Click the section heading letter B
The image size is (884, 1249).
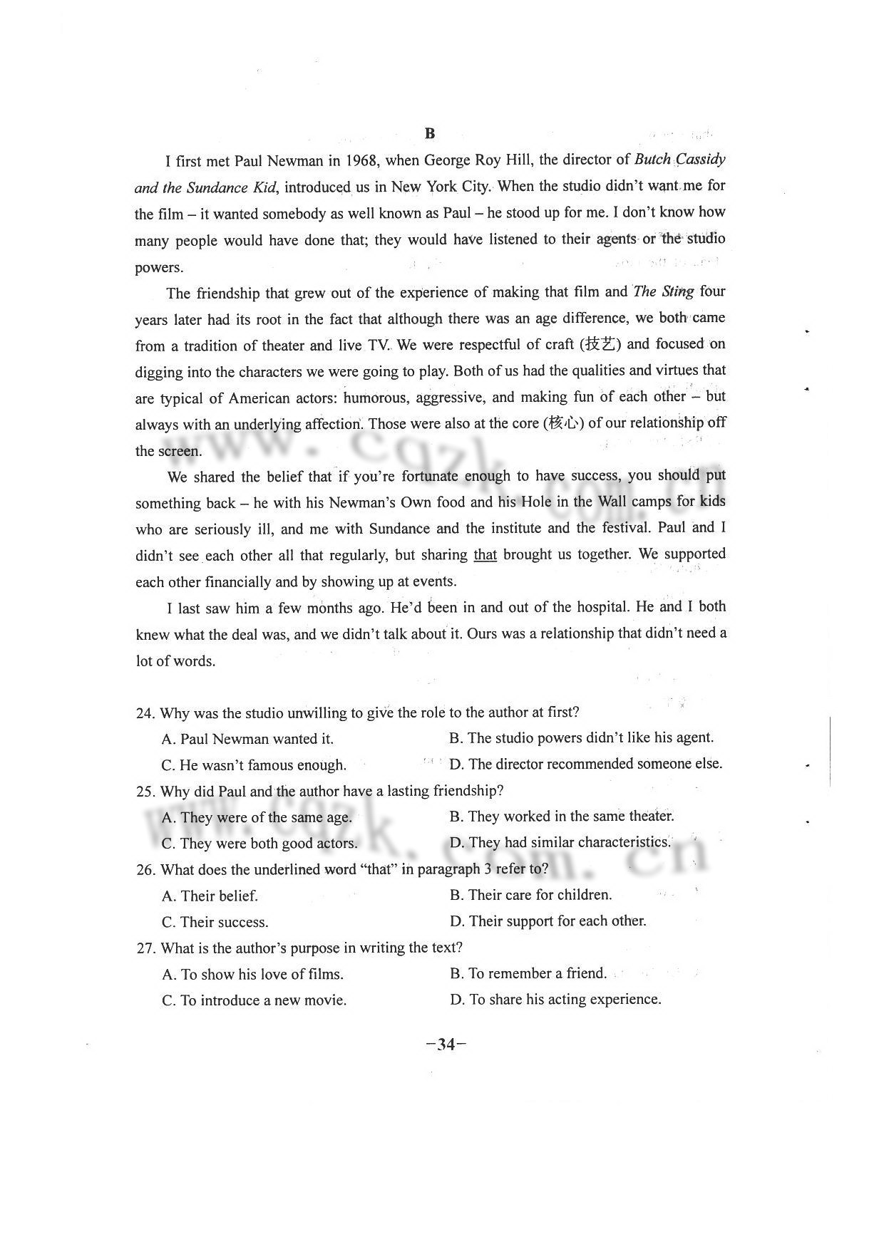pyautogui.click(x=429, y=134)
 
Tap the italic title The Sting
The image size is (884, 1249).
pyautogui.click(x=663, y=291)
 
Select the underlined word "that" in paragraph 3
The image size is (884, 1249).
pyautogui.click(x=485, y=555)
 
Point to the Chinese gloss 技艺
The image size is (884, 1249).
pyautogui.click(x=600, y=345)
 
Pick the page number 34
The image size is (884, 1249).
pyautogui.click(x=446, y=1045)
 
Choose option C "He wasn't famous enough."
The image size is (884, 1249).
pyautogui.click(x=254, y=765)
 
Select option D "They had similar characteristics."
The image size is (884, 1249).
pyautogui.click(x=560, y=843)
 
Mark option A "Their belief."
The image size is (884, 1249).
pyautogui.click(x=210, y=896)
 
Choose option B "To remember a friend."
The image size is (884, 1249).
pyautogui.click(x=528, y=973)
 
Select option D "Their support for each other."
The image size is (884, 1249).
pyautogui.click(x=548, y=921)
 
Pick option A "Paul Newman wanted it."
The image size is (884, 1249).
pyautogui.click(x=247, y=739)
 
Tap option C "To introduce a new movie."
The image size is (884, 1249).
pyautogui.click(x=255, y=1000)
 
